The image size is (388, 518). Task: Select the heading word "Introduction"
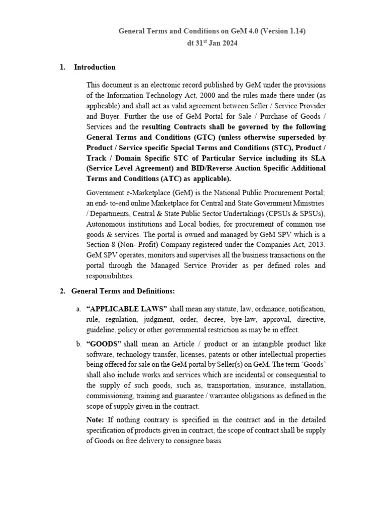(x=94, y=67)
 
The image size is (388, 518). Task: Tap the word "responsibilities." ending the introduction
(x=111, y=276)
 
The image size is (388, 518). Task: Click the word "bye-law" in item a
(x=243, y=319)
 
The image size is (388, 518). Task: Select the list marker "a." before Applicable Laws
(x=79, y=309)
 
